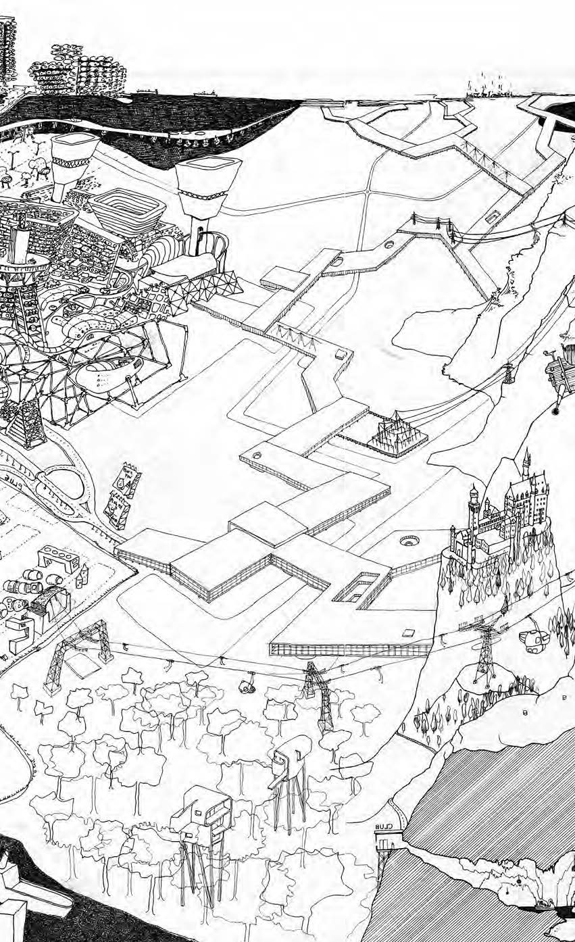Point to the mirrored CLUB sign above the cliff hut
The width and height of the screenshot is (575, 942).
[x=384, y=826]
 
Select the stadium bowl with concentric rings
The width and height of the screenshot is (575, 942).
[x=127, y=209]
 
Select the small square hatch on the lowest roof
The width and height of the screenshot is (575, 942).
[x=408, y=633]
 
